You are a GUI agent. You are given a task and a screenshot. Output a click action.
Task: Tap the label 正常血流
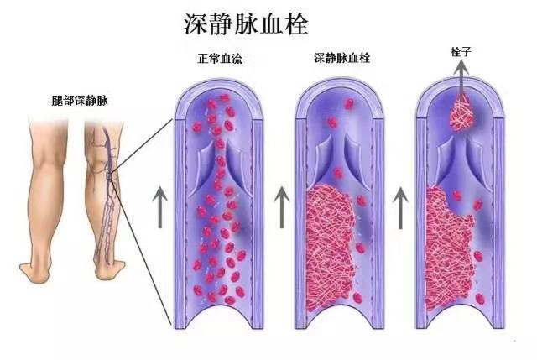pos(222,60)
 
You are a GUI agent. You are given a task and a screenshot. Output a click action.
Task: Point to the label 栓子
pos(461,52)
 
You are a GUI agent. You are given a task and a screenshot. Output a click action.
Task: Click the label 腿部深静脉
pos(79,100)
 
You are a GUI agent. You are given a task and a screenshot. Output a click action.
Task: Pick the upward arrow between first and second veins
pos(283,206)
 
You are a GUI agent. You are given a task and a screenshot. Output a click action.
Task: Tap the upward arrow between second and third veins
pos(402,206)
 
